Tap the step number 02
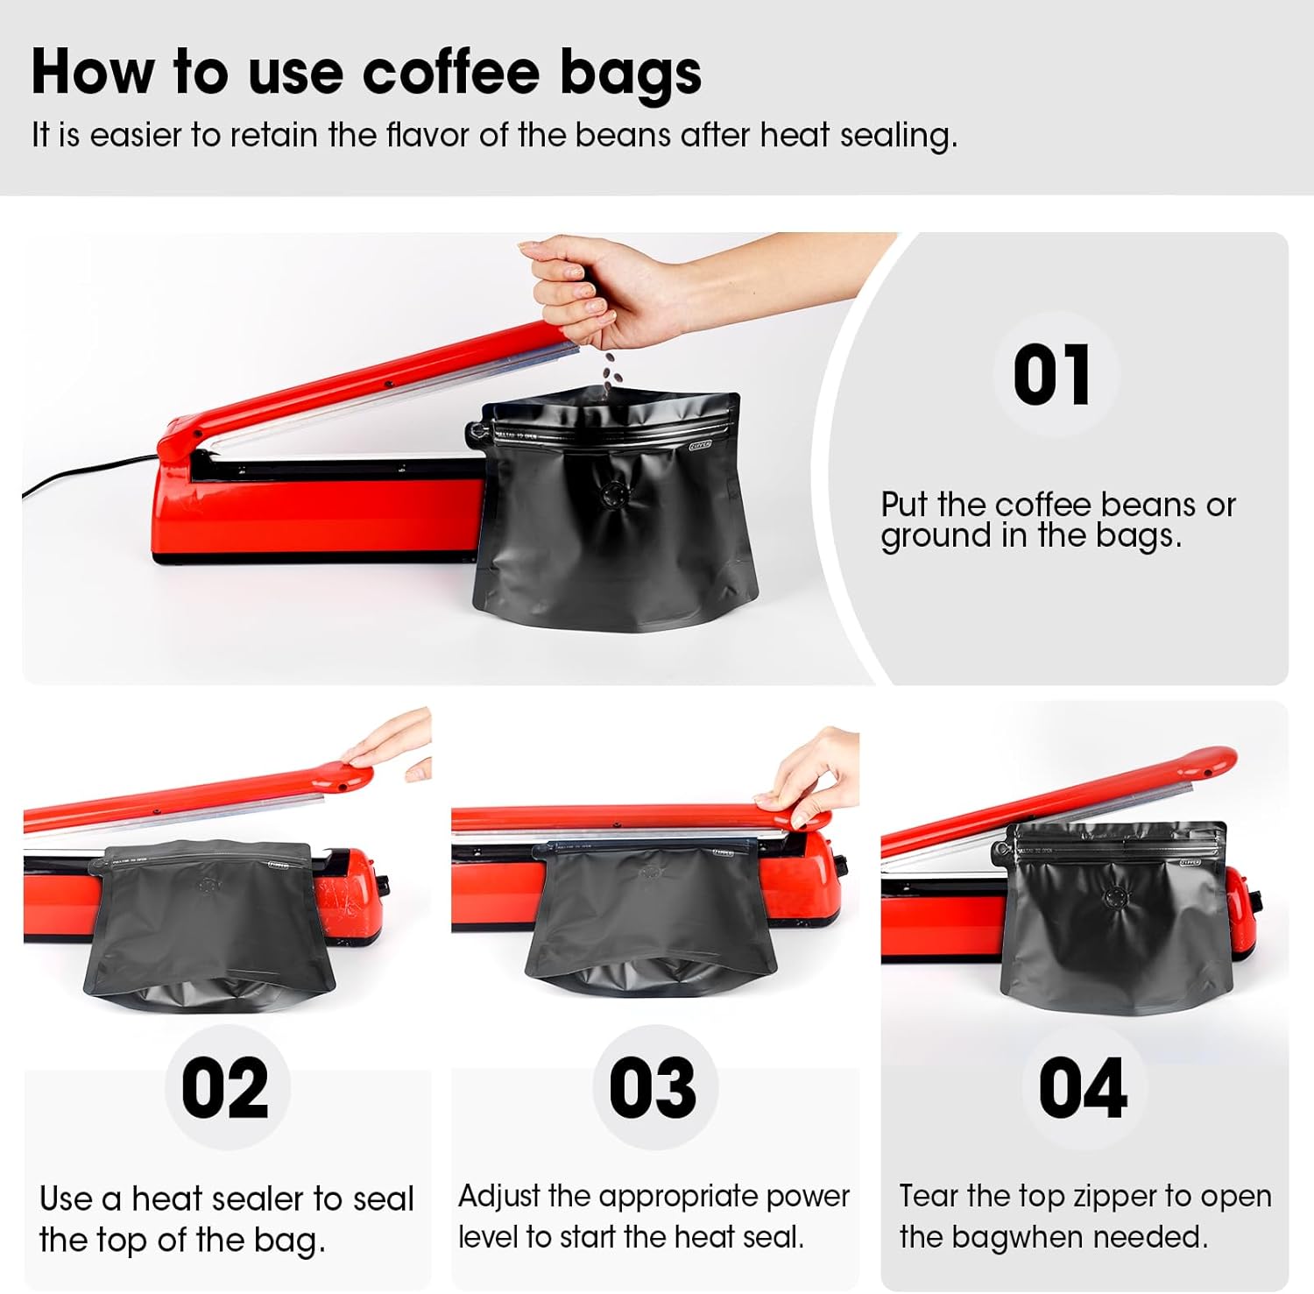[x=225, y=1087]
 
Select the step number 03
[x=653, y=1087]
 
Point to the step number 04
[x=1083, y=1087]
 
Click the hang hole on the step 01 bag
[x=476, y=432]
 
